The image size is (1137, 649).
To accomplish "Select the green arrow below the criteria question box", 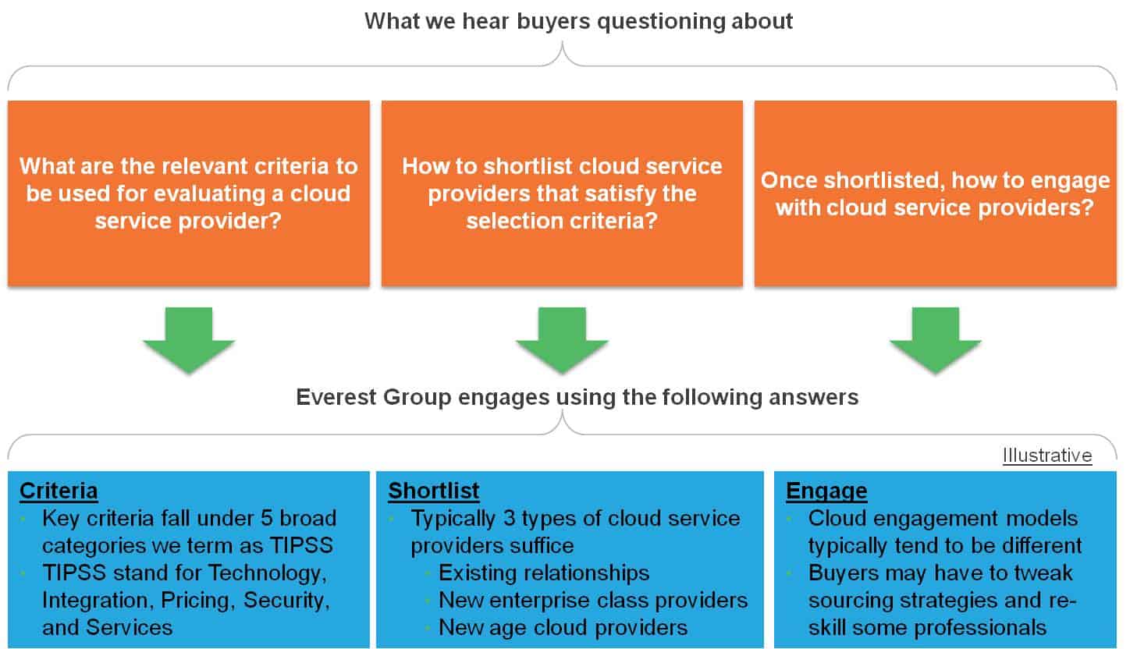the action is [189, 340].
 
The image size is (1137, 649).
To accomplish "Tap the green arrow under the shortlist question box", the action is [562, 340].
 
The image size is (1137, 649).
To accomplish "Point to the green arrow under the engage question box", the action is [936, 340].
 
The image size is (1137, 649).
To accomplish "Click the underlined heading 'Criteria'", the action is [59, 491].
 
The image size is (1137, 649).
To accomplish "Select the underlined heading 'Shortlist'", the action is [433, 491].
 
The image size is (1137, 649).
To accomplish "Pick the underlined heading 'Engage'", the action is [826, 491].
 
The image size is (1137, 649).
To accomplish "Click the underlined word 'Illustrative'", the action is [1047, 456].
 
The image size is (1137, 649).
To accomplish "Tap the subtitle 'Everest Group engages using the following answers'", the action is [577, 397].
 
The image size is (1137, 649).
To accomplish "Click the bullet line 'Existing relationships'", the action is [544, 573].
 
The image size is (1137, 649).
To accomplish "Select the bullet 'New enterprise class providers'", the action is [593, 601].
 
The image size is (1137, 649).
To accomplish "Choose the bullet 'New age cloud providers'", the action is [563, 628].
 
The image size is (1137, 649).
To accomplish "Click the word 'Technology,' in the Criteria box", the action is [268, 573].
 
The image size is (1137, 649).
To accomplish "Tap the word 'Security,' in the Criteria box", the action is [286, 601].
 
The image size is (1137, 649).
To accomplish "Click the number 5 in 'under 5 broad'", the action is [266, 519].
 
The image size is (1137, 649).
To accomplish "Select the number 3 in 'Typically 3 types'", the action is [509, 519].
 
